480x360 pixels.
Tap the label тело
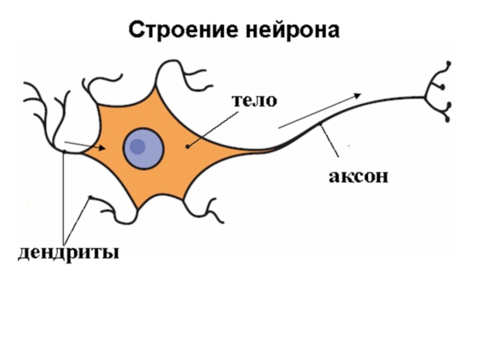(x=255, y=100)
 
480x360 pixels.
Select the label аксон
(x=358, y=176)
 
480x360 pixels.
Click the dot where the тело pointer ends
(x=188, y=145)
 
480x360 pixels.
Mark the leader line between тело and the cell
(x=210, y=127)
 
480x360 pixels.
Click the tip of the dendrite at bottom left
(x=90, y=197)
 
